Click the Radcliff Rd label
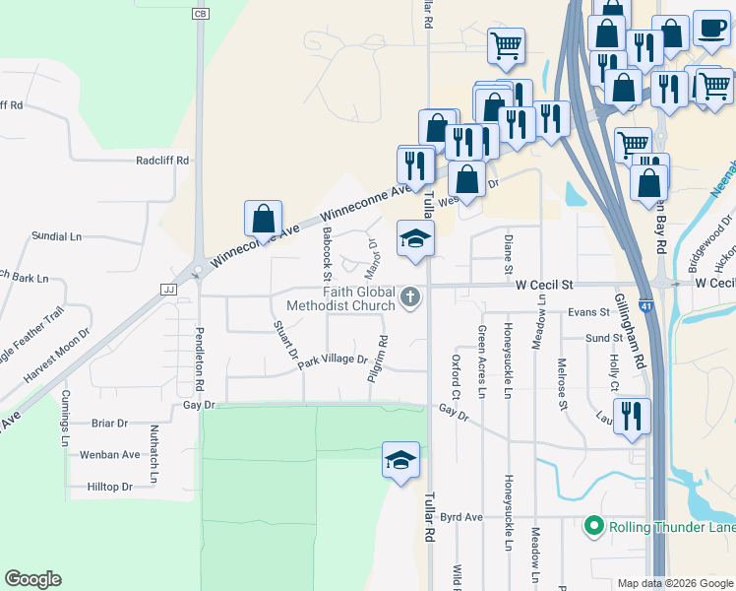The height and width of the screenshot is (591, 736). point(162,160)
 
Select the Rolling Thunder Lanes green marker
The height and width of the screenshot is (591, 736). point(593,527)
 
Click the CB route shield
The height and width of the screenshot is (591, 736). point(201,14)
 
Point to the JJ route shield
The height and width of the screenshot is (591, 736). point(166,290)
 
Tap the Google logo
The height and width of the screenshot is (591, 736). point(32,579)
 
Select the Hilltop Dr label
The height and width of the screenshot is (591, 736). point(109,487)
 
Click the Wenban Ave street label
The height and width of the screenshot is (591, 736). point(110,454)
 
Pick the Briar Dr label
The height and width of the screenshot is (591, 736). point(109,424)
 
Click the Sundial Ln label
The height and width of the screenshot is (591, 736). point(56,236)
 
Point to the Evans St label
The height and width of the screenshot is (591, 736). point(588,312)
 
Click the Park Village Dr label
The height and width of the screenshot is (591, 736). point(333,361)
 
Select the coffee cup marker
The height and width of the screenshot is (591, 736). point(710,28)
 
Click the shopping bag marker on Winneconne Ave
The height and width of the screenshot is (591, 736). point(263,219)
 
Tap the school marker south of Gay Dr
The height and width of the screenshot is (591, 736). point(400,460)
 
